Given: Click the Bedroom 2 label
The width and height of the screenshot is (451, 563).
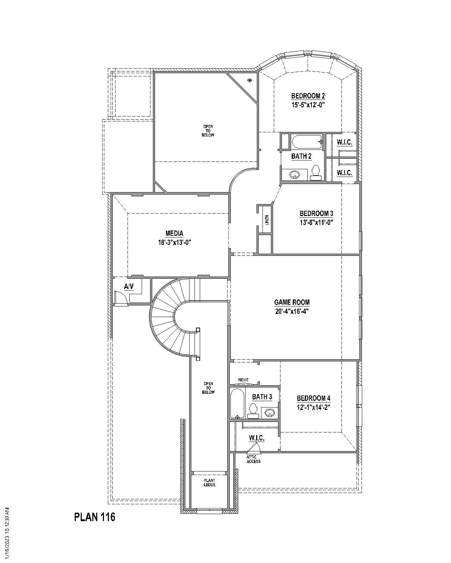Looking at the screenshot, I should pyautogui.click(x=308, y=96).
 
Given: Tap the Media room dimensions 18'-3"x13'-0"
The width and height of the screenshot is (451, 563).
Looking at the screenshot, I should pyautogui.click(x=174, y=242).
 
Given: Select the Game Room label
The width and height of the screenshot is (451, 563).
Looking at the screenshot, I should pyautogui.click(x=292, y=302).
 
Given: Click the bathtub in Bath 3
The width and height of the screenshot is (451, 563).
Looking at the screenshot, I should pyautogui.click(x=237, y=403).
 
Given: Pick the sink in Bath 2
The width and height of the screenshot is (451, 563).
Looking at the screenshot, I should pyautogui.click(x=294, y=174).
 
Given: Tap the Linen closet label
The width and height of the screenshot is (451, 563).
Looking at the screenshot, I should pyautogui.click(x=267, y=220).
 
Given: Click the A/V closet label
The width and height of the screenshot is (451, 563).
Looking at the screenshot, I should pyautogui.click(x=129, y=287).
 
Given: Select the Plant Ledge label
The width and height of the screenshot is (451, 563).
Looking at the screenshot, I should pyautogui.click(x=209, y=483).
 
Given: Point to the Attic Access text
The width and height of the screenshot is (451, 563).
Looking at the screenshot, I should pyautogui.click(x=253, y=459).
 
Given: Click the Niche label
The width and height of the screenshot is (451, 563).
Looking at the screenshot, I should pyautogui.click(x=243, y=380).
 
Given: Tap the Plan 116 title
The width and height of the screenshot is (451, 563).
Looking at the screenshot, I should pyautogui.click(x=94, y=517).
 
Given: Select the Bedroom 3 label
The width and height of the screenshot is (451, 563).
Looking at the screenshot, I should pyautogui.click(x=316, y=214).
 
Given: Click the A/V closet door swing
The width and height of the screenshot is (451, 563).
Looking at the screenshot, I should pyautogui.click(x=121, y=297).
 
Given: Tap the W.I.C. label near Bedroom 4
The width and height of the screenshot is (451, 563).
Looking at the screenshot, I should pyautogui.click(x=257, y=438).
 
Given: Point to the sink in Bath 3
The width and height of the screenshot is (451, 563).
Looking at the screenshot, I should pyautogui.click(x=270, y=412).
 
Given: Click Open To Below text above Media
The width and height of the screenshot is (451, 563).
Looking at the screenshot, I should pyautogui.click(x=208, y=131).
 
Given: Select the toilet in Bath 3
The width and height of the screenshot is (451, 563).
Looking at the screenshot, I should pyautogui.click(x=253, y=410).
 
